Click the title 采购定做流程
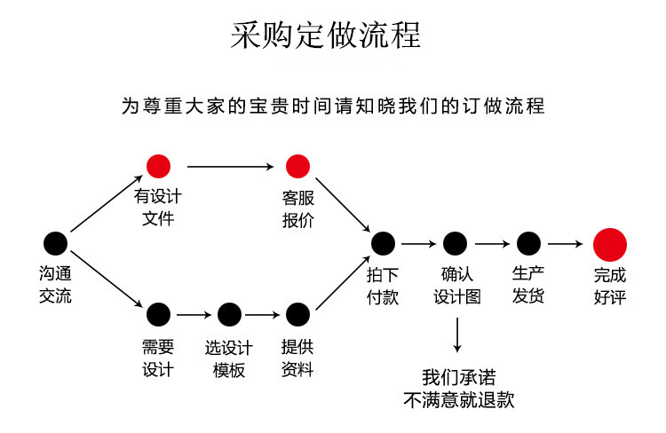[x=326, y=35]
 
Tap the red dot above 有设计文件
[x=158, y=166]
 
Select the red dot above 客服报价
[x=297, y=166]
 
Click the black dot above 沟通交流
[x=55, y=242]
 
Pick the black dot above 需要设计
[x=158, y=313]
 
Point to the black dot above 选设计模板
[x=229, y=313]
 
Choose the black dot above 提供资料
[x=297, y=313]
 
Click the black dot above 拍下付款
[x=383, y=242]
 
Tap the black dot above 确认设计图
[x=455, y=242]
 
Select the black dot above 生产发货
[x=528, y=242]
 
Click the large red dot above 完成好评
[x=610, y=242]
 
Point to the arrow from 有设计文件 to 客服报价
[x=228, y=166]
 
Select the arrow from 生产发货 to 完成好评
[x=565, y=242]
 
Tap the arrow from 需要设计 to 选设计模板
[x=193, y=313]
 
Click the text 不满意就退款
[x=458, y=399]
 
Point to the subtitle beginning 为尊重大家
[x=332, y=106]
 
